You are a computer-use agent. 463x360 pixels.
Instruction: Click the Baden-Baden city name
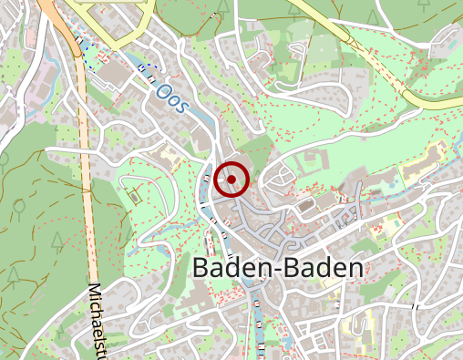click(x=277, y=267)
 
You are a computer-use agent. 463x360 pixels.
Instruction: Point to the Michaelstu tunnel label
click(x=98, y=319)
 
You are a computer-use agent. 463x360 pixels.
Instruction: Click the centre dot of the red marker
click(x=232, y=180)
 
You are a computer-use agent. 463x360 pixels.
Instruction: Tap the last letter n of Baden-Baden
click(x=354, y=267)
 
